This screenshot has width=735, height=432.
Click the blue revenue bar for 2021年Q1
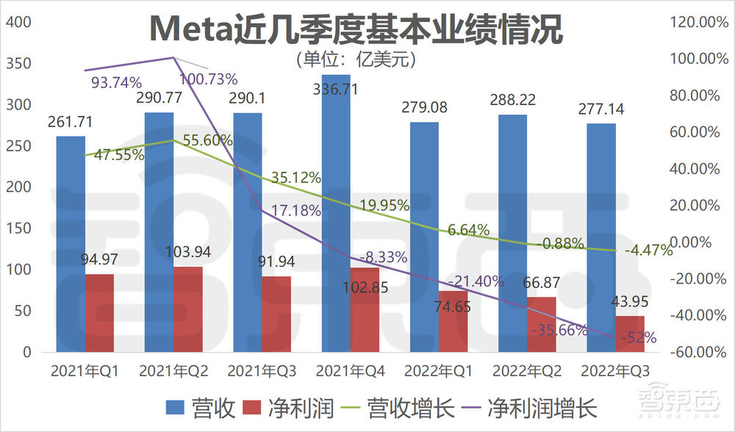point(71,242)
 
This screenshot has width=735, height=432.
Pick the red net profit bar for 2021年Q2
point(188,309)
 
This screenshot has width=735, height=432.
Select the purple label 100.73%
point(209,79)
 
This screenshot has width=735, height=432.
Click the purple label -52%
point(637,338)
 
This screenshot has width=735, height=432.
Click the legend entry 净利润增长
point(545,407)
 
